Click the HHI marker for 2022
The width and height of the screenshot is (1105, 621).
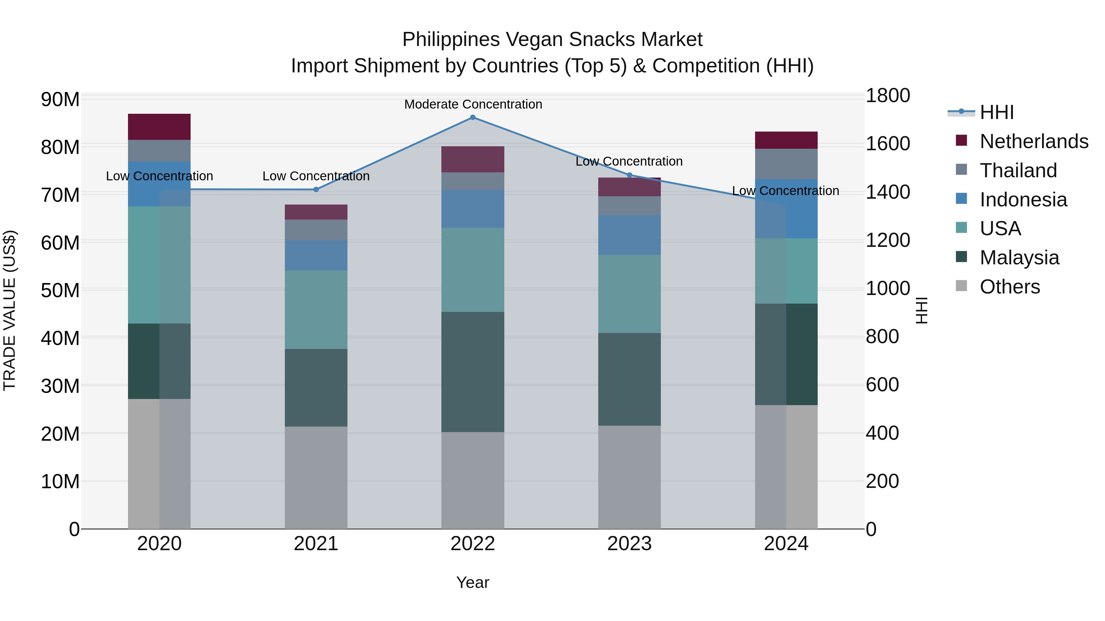point(473,117)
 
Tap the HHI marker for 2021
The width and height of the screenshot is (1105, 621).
point(316,190)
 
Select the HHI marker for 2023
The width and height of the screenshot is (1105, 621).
point(629,175)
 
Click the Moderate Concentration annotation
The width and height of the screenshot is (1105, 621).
point(473,104)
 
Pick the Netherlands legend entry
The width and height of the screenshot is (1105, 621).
point(1034,141)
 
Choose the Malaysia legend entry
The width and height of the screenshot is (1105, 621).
point(1019,258)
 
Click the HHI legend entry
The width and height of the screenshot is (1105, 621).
point(996,112)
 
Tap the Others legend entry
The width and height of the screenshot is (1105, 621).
point(1010,287)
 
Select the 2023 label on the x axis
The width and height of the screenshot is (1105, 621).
point(629,544)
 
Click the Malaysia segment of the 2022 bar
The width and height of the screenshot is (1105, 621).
point(473,372)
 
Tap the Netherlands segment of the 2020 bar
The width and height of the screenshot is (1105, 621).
point(159,127)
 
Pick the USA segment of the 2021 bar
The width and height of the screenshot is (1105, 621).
point(316,309)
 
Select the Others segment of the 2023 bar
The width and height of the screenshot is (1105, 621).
point(629,477)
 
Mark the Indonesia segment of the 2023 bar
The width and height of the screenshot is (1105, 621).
point(629,235)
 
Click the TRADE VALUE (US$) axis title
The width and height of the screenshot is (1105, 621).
point(10,310)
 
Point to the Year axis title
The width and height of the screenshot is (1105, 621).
point(473,582)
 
